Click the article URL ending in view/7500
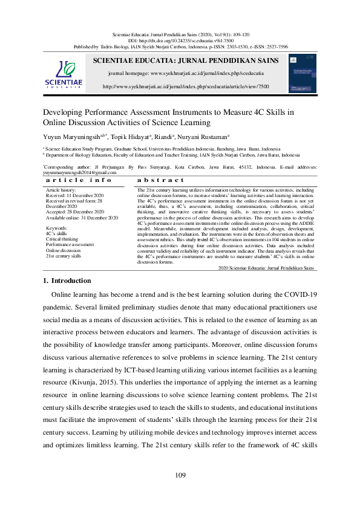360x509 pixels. pyautogui.click(x=186, y=86)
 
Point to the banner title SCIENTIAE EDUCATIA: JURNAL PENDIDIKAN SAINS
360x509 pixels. pyautogui.click(x=186, y=60)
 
